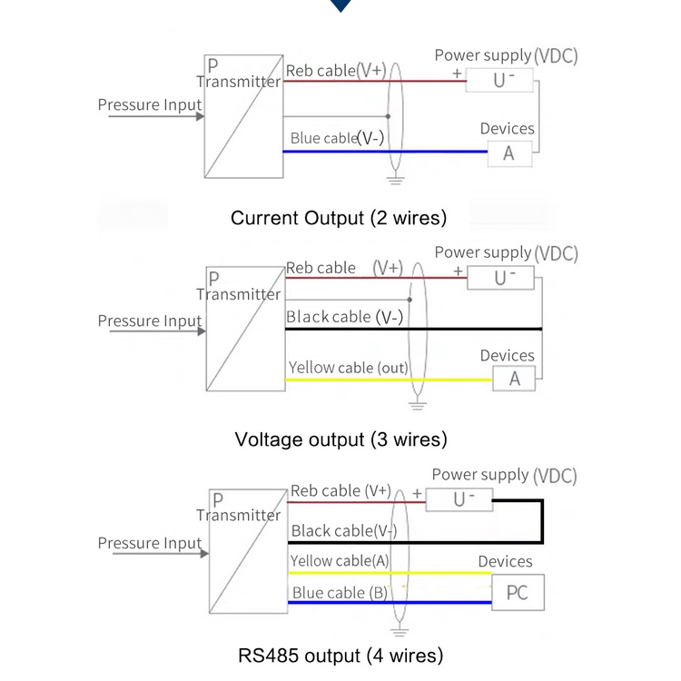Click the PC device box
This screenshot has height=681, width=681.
pyautogui.click(x=518, y=593)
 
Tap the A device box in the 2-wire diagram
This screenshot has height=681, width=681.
pyautogui.click(x=508, y=153)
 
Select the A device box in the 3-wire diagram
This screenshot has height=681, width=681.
pyautogui.click(x=515, y=379)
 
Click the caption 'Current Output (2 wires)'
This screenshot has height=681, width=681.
pyautogui.click(x=339, y=218)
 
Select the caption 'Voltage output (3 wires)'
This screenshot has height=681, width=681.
pyautogui.click(x=340, y=440)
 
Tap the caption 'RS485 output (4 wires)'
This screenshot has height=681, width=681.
pyautogui.click(x=340, y=655)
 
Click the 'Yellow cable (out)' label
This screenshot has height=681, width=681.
pyautogui.click(x=348, y=368)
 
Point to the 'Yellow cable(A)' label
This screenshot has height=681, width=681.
pyautogui.click(x=340, y=561)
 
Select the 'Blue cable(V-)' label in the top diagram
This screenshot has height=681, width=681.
pyautogui.click(x=337, y=139)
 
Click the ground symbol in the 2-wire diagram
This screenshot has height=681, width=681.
pyautogui.click(x=395, y=180)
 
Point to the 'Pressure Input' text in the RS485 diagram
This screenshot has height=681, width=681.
pyautogui.click(x=150, y=543)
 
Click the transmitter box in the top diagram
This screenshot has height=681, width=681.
pyautogui.click(x=243, y=116)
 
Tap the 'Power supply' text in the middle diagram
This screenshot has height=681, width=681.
pyautogui.click(x=482, y=252)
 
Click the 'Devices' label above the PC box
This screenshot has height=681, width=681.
pyautogui.click(x=505, y=562)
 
